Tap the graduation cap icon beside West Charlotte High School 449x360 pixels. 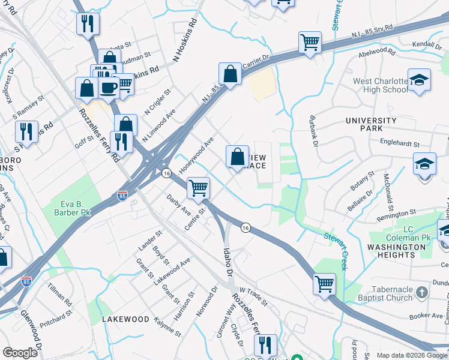pos(419,80)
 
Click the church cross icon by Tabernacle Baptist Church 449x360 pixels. pos(422,293)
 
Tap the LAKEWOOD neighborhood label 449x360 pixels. pos(125,319)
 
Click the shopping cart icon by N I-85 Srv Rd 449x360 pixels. pos(310,43)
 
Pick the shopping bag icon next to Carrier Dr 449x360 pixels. pos(230,74)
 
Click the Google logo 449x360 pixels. pos(20,353)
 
